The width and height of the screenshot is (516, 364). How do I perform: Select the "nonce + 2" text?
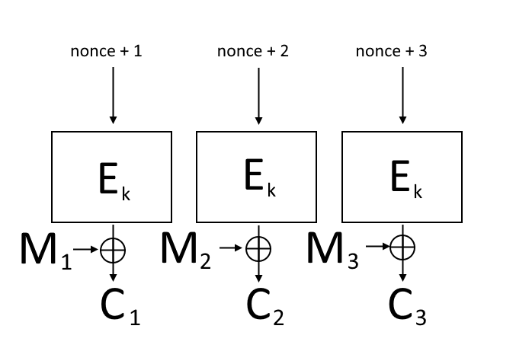(x=253, y=53)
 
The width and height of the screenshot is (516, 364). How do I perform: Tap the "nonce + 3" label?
(x=392, y=53)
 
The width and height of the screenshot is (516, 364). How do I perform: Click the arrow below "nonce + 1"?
(x=113, y=94)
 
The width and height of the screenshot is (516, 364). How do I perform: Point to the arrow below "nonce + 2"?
(x=258, y=94)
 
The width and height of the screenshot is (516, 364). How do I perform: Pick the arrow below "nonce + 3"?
(x=402, y=94)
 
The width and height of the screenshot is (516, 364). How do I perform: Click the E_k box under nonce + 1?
(x=112, y=176)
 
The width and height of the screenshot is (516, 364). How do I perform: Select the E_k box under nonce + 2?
(x=257, y=176)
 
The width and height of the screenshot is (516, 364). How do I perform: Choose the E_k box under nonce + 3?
(x=402, y=176)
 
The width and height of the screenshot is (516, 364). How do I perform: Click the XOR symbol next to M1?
(x=113, y=248)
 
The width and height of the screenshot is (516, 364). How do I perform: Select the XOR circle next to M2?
(x=258, y=247)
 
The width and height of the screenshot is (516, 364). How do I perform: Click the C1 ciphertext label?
(x=120, y=307)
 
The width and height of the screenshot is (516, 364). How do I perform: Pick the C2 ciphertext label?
(x=265, y=307)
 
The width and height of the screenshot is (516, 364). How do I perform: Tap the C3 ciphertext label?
(x=408, y=307)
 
